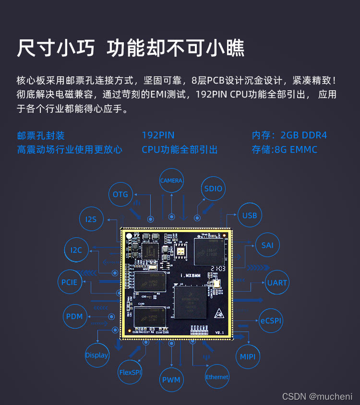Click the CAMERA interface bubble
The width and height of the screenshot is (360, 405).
(171, 181)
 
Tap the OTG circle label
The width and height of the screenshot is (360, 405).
(120, 194)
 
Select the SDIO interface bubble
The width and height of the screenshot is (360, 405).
(213, 188)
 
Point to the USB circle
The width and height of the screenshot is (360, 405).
(250, 215)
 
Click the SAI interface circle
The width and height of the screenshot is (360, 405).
(267, 245)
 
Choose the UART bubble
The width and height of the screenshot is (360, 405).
(277, 282)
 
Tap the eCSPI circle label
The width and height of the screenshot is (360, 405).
(271, 320)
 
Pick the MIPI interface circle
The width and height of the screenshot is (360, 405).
(248, 356)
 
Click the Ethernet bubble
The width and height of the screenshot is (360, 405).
(217, 377)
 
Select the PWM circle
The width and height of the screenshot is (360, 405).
(171, 380)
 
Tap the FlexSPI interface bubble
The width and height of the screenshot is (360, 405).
(131, 372)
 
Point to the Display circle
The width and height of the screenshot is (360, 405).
(97, 355)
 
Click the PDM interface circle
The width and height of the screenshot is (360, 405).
(74, 316)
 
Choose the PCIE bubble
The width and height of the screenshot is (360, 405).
(69, 282)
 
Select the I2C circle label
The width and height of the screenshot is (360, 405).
(76, 250)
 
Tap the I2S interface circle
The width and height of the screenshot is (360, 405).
(91, 219)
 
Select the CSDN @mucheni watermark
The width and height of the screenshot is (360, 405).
(317, 396)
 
